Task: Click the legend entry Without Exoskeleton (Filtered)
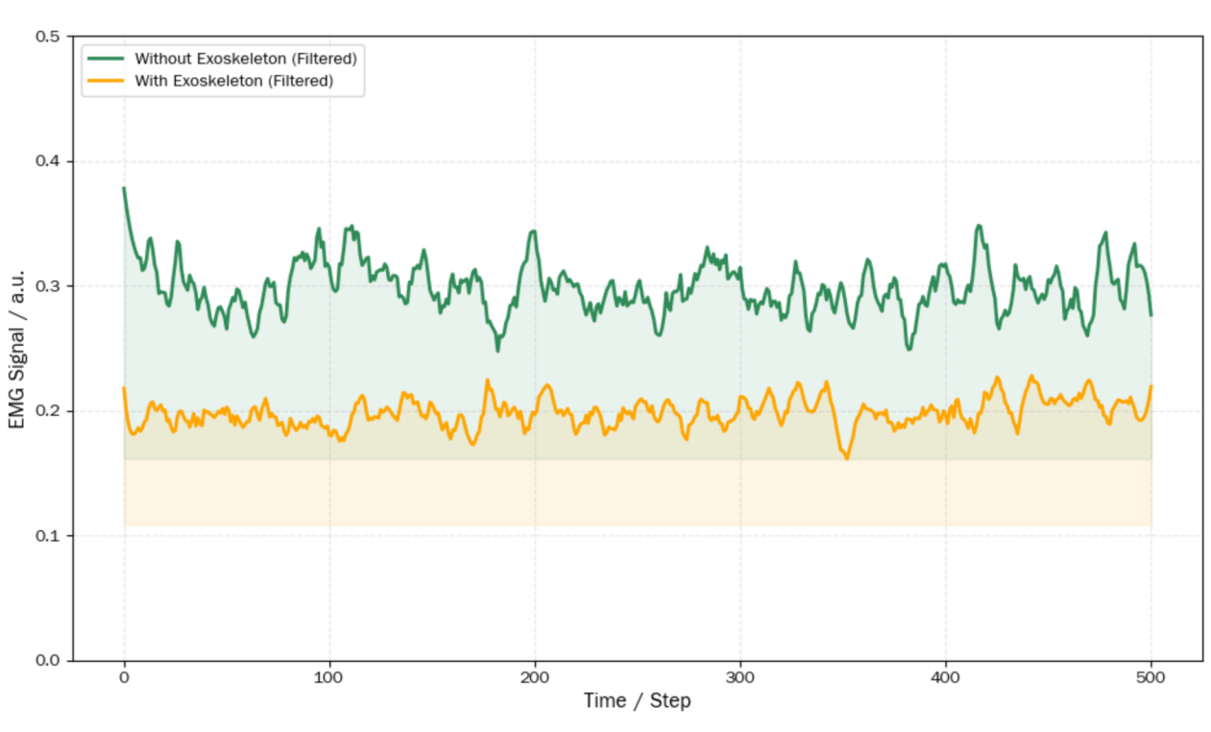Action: (x=245, y=59)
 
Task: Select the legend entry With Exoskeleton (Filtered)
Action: (x=233, y=81)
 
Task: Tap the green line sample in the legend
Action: (x=106, y=59)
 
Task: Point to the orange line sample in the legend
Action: (x=106, y=81)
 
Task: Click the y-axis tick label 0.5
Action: (x=48, y=37)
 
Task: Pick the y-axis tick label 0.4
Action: (x=48, y=161)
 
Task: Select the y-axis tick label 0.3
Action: (x=48, y=286)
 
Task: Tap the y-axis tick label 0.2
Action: (x=48, y=411)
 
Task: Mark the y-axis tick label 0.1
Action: (x=48, y=536)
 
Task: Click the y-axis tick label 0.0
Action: (x=48, y=661)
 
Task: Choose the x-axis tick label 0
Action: (x=124, y=678)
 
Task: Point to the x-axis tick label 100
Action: (x=329, y=678)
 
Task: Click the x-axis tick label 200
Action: (x=535, y=678)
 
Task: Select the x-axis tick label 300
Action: (x=740, y=678)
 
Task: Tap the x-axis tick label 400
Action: (x=946, y=678)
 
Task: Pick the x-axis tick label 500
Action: (x=1150, y=678)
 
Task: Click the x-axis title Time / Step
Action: (x=637, y=701)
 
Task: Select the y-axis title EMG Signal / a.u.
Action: (x=18, y=348)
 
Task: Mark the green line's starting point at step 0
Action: (x=124, y=188)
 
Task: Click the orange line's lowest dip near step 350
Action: (x=846, y=458)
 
